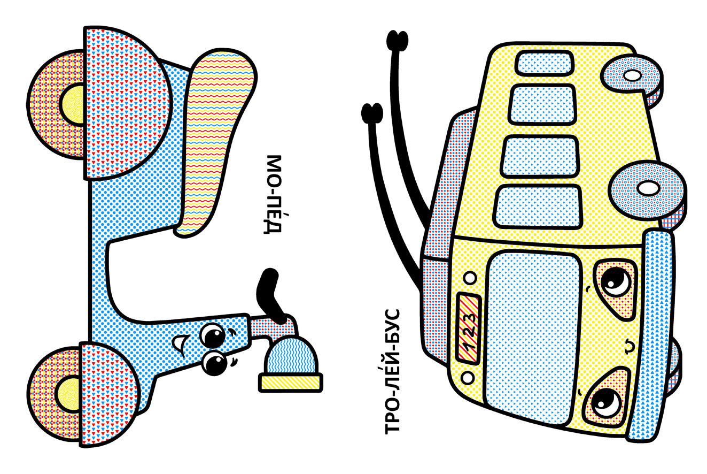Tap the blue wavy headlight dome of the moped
click(291, 356)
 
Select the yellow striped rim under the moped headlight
click(291, 383)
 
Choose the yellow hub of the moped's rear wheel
click(73, 104)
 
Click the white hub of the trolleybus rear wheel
click(633, 75)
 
